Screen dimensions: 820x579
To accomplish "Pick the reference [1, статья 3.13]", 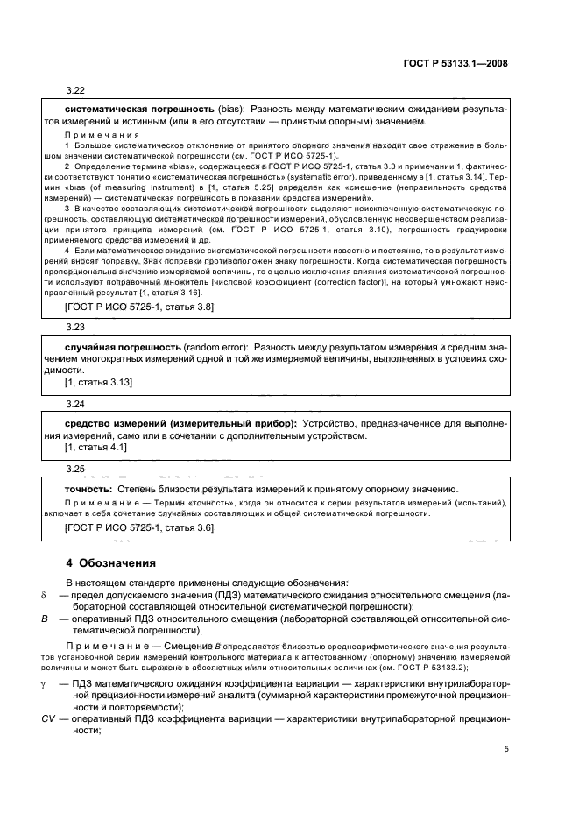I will pos(98,383).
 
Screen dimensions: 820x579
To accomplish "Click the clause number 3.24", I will pos(74,405).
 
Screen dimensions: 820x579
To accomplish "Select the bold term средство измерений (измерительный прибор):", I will pos(180,423).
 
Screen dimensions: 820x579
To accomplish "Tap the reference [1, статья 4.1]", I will pos(95,447).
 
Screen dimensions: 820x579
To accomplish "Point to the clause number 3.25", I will pos(74,469).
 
